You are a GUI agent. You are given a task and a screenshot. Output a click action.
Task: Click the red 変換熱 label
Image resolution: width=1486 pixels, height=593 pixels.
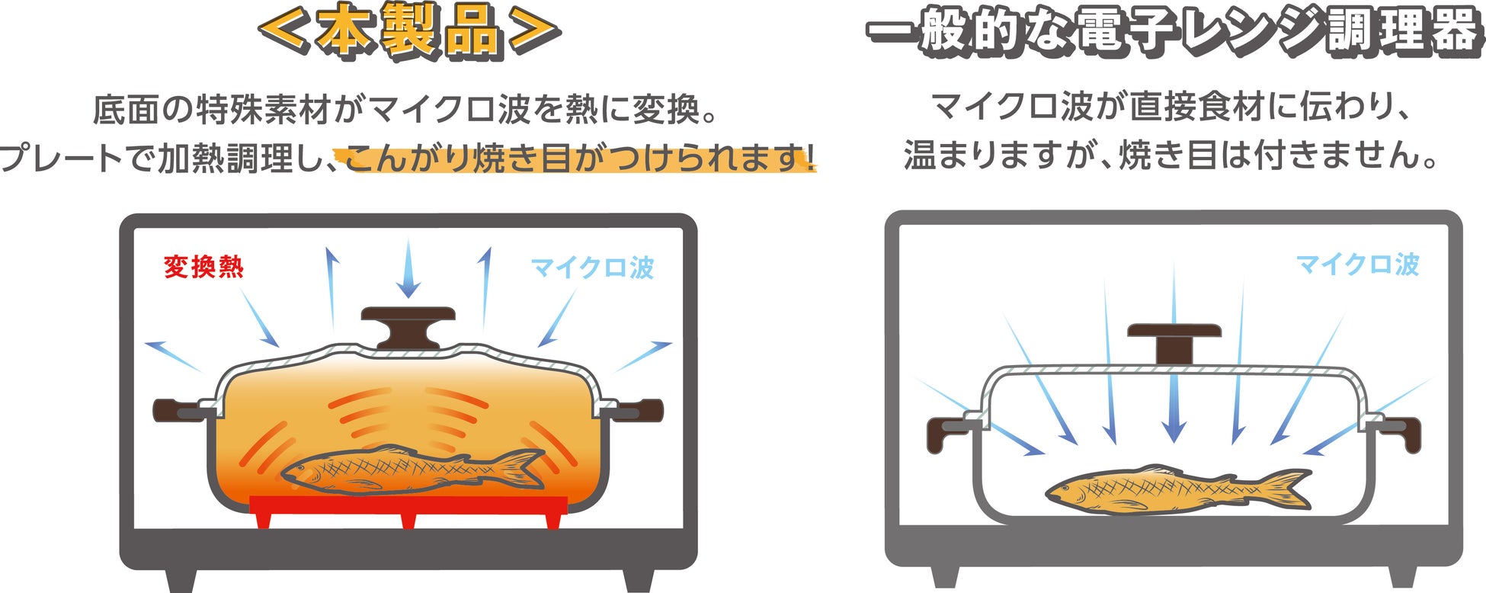203,267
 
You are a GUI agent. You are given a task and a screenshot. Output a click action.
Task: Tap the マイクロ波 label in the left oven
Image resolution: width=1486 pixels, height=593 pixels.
592,268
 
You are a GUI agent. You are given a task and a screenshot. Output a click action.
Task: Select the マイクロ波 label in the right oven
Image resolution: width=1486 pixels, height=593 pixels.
1357,264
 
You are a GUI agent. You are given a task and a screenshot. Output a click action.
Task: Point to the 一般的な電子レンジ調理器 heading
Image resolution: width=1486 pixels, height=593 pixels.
1174,32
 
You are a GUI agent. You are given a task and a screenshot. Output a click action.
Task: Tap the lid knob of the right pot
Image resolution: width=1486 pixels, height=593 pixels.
1174,341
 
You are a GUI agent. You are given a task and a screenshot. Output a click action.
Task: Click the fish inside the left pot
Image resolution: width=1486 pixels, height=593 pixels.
412,469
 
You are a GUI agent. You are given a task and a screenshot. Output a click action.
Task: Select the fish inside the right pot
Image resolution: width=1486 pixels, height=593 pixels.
1174,488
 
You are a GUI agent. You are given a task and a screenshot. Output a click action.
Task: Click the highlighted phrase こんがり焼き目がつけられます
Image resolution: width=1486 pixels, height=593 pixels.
579,159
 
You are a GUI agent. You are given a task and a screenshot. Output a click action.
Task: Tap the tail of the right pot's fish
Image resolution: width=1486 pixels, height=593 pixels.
1288,488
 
